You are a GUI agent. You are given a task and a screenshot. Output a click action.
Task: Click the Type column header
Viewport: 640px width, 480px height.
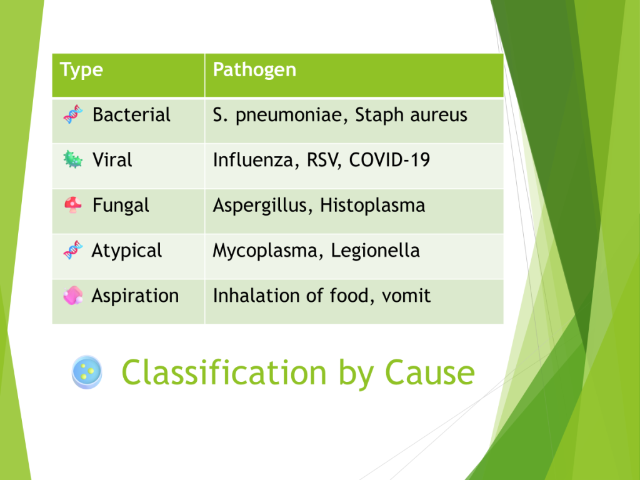tap(81, 70)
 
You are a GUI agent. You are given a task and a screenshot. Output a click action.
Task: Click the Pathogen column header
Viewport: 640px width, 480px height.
tap(255, 70)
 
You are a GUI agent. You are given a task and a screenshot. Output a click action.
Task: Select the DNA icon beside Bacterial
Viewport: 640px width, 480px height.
tap(73, 114)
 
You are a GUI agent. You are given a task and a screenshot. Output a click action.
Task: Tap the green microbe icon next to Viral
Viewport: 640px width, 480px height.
tap(73, 159)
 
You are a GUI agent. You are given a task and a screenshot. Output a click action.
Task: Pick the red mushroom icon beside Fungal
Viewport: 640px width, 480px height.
tap(73, 204)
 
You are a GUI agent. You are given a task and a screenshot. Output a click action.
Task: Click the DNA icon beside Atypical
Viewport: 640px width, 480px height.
tap(73, 250)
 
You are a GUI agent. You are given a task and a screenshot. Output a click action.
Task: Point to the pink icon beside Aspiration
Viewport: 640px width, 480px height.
tap(73, 295)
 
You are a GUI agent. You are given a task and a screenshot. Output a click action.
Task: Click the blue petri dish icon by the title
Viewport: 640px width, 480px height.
tap(87, 372)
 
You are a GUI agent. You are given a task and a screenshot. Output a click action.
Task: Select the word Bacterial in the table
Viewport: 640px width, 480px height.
tap(131, 115)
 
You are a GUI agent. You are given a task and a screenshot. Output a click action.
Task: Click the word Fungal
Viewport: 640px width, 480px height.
tap(121, 205)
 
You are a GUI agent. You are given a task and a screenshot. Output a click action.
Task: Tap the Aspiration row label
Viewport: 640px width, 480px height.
tap(135, 296)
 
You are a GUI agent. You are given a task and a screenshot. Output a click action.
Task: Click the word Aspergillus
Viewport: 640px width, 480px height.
tap(259, 205)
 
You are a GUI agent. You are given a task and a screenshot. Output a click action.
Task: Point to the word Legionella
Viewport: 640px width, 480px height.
tap(375, 251)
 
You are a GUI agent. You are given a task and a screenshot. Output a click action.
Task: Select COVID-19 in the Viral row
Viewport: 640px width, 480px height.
tap(389, 159)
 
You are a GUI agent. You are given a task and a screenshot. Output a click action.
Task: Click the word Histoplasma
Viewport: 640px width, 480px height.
tap(372, 205)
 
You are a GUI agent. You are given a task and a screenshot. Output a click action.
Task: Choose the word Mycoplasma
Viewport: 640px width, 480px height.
tap(265, 251)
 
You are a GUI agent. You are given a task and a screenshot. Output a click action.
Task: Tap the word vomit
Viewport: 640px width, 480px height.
tap(406, 296)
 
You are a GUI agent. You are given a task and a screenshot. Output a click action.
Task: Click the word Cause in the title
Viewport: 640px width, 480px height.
tap(430, 372)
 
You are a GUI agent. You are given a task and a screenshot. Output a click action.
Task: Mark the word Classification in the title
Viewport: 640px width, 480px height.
tap(224, 372)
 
